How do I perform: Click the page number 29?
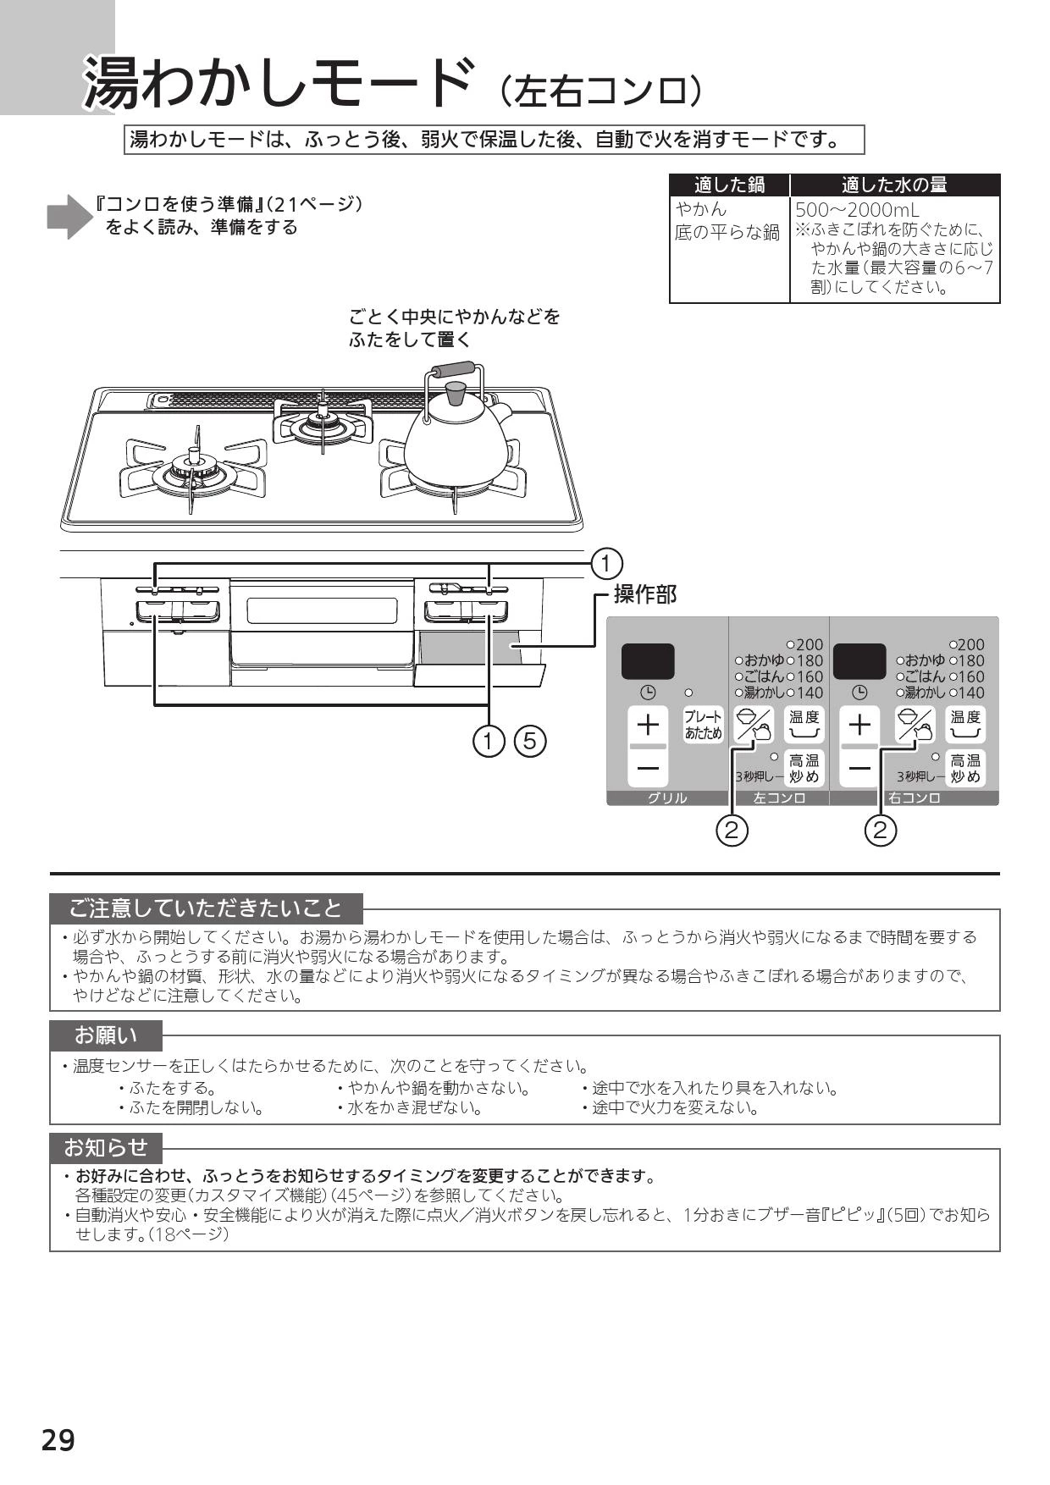[58, 1439]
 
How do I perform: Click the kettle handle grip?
[453, 370]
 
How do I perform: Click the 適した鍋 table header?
[729, 185]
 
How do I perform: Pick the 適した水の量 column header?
[894, 185]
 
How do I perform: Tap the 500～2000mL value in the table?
[857, 210]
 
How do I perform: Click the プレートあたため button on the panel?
[703, 726]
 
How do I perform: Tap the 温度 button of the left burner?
[804, 725]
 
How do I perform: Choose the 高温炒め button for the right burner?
[965, 768]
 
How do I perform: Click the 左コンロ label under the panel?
[779, 798]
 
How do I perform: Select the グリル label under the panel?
[667, 798]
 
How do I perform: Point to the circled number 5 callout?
[530, 742]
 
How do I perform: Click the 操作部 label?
[645, 594]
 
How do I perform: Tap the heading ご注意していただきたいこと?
[206, 908]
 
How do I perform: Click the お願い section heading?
[106, 1035]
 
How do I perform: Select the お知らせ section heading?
[106, 1148]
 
